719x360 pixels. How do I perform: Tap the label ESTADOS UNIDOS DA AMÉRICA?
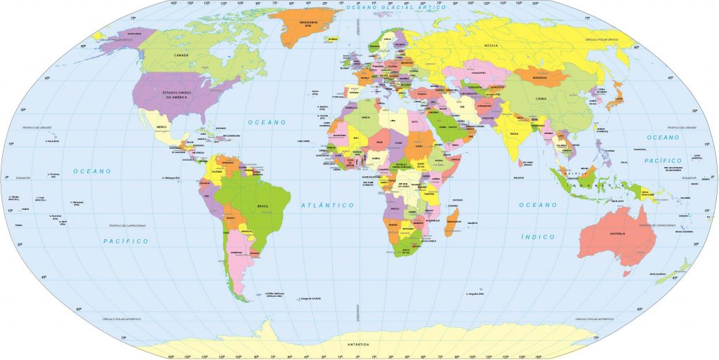point(178,95)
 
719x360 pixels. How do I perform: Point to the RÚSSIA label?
point(491,46)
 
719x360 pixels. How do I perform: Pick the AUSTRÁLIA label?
point(617,233)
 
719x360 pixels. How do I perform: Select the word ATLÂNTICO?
point(328,205)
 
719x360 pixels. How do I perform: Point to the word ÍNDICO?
point(538,237)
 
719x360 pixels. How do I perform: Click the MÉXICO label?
point(161,127)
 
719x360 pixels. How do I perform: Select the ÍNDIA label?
point(514,132)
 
